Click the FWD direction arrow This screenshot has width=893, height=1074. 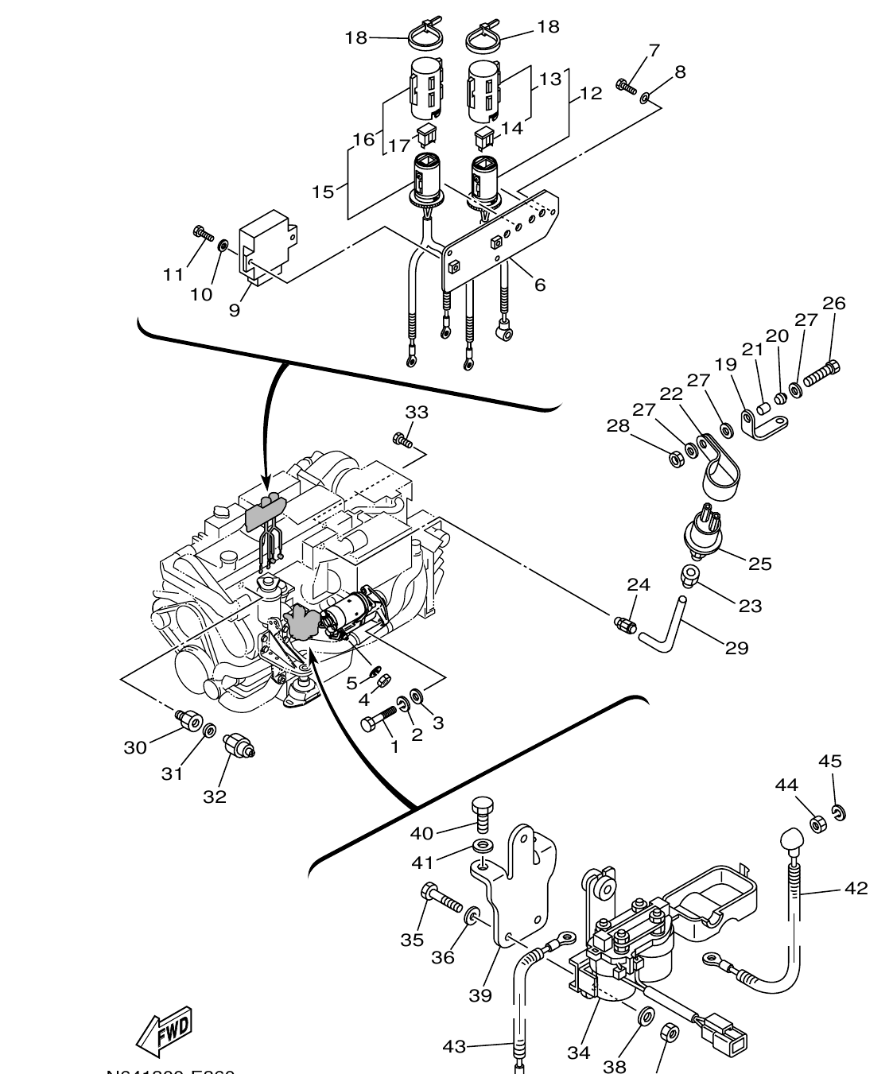[165, 1031]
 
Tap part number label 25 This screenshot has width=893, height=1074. [759, 564]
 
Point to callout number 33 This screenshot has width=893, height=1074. [417, 412]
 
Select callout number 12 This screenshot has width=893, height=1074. [591, 94]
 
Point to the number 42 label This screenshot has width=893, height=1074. [856, 888]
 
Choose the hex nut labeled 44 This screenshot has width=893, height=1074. [817, 824]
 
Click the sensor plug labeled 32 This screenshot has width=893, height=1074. [239, 744]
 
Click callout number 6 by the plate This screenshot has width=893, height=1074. [540, 284]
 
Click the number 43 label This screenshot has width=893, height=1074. [453, 1047]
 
